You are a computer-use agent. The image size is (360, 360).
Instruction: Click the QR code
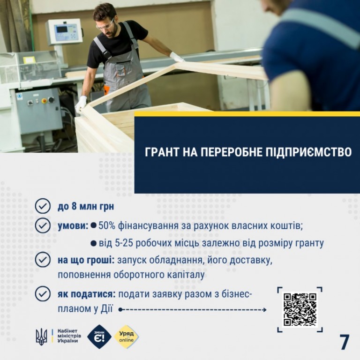(300, 309)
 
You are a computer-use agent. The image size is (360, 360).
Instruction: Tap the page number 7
(345, 342)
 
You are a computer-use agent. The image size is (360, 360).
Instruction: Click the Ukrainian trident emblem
(41, 337)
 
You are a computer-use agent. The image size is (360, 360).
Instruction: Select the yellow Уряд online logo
(127, 337)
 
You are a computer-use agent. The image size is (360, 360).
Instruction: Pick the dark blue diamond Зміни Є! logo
(99, 337)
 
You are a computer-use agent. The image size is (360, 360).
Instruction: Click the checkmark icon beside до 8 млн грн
(43, 206)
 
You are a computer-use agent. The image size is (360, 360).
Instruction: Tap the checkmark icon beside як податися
(43, 293)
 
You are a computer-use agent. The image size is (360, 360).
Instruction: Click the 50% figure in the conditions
(107, 226)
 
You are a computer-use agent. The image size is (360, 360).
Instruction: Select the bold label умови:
(73, 226)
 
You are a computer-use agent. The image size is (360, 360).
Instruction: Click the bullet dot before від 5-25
(93, 243)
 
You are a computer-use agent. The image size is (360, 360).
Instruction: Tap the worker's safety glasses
(105, 25)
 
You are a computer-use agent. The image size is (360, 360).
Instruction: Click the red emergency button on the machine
(44, 101)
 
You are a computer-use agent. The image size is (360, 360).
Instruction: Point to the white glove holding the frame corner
(81, 104)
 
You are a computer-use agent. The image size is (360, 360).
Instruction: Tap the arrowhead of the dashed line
(264, 310)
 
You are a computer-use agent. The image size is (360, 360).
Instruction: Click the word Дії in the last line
(106, 309)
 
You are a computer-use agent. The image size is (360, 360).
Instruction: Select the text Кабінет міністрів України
(69, 336)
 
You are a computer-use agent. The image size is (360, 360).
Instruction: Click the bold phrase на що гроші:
(86, 260)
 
